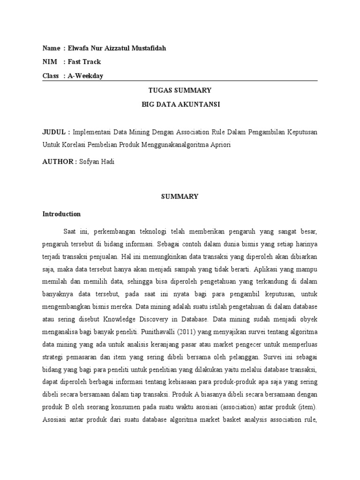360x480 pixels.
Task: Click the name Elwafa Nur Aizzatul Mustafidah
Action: click(x=116, y=48)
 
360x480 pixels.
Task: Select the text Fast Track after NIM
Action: click(x=84, y=62)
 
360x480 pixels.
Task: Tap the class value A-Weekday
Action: click(x=86, y=76)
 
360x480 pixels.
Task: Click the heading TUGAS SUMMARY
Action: click(x=180, y=90)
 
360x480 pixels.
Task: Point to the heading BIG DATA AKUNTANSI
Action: click(x=180, y=104)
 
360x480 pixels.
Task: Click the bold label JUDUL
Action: click(x=55, y=132)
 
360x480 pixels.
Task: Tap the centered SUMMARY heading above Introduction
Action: click(x=180, y=197)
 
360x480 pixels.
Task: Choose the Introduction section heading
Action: click(x=61, y=214)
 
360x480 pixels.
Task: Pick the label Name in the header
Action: click(x=51, y=48)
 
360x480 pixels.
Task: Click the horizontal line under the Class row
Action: click(x=180, y=81)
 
